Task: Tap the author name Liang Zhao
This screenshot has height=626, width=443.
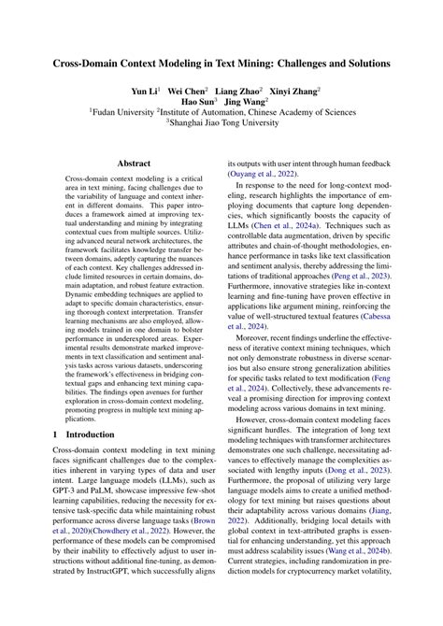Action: click(x=239, y=93)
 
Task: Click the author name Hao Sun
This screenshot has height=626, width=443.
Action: click(x=197, y=107)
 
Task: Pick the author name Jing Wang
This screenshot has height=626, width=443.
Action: click(x=246, y=107)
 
